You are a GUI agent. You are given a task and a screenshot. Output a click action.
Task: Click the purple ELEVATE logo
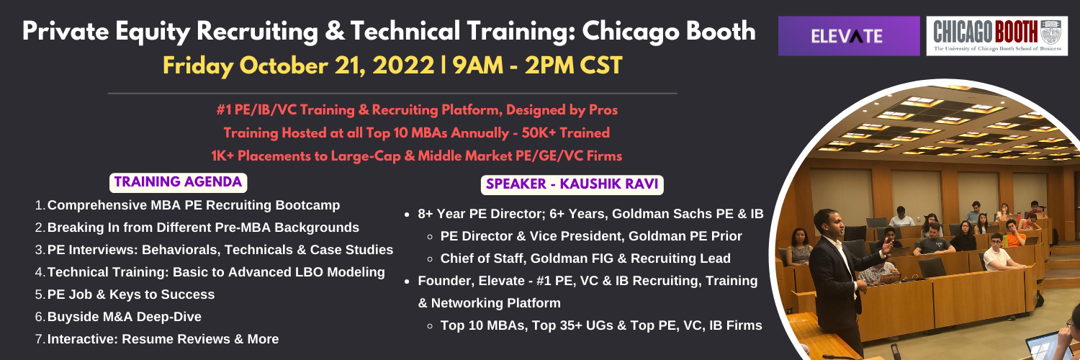pyautogui.click(x=849, y=36)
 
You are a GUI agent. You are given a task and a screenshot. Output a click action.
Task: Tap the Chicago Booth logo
pyautogui.click(x=997, y=36)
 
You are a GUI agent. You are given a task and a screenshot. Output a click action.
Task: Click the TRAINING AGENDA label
pyautogui.click(x=178, y=182)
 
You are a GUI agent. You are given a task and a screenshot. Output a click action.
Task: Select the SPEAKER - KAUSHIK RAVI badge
pyautogui.click(x=572, y=184)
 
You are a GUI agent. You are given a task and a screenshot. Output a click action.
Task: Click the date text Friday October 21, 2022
pyautogui.click(x=299, y=66)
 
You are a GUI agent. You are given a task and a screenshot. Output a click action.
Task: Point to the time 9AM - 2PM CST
pyautogui.click(x=538, y=66)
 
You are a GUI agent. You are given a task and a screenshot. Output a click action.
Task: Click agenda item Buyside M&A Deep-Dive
pyautogui.click(x=125, y=317)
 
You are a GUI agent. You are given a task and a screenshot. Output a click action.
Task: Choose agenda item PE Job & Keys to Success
pyautogui.click(x=130, y=294)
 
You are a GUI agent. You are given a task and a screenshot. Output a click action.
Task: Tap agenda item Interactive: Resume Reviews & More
pyautogui.click(x=163, y=339)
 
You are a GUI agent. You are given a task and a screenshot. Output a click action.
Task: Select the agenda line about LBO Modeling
pyautogui.click(x=216, y=272)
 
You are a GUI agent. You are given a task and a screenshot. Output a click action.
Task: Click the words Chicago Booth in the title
pyautogui.click(x=669, y=32)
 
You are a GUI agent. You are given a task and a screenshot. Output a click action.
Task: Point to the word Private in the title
pyautogui.click(x=66, y=32)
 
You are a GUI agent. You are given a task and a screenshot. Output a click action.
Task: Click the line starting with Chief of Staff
pyautogui.click(x=585, y=258)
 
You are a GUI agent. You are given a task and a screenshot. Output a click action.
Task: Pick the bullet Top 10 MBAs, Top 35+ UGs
pyautogui.click(x=601, y=325)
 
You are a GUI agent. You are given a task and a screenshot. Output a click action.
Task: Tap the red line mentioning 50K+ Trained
pyautogui.click(x=417, y=133)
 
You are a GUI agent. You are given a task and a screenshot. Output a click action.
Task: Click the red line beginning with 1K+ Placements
pyautogui.click(x=417, y=156)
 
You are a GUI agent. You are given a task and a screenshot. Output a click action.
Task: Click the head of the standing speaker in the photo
pyautogui.click(x=827, y=223)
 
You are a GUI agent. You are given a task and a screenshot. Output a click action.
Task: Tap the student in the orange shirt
pyautogui.click(x=1014, y=233)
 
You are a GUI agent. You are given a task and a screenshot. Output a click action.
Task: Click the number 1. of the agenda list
pyautogui.click(x=40, y=205)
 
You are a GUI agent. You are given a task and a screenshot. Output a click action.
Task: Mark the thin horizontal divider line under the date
pyautogui.click(x=392, y=93)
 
